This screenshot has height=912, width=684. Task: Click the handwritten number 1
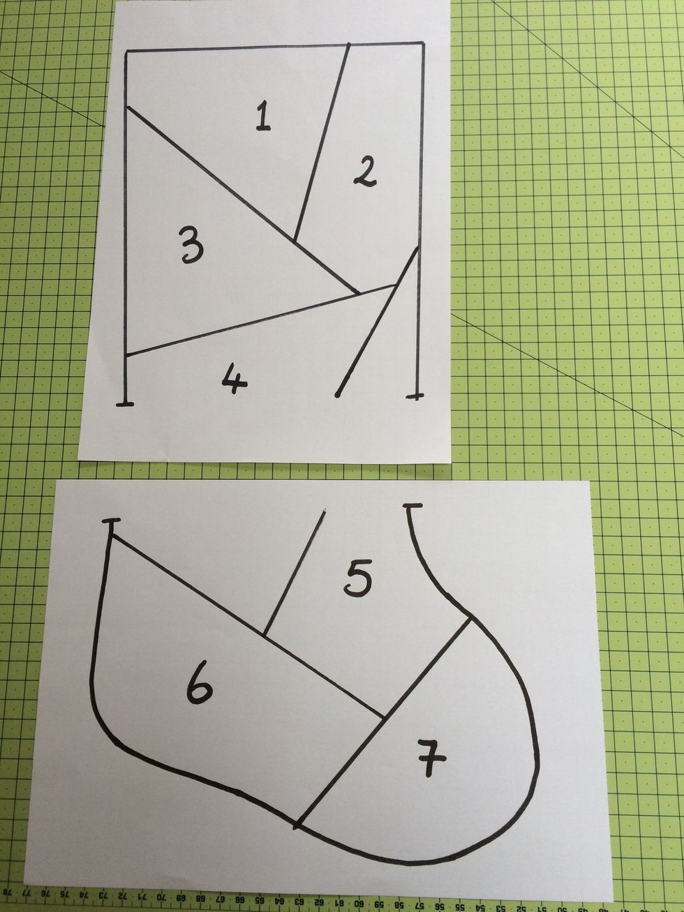tap(262, 116)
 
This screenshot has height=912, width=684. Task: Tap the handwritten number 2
tap(364, 172)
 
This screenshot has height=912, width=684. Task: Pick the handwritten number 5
tap(359, 579)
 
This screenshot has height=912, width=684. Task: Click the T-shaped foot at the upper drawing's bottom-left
tap(125, 403)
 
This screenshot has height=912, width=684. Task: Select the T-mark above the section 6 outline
tap(111, 522)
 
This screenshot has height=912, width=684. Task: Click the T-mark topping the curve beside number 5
tap(412, 505)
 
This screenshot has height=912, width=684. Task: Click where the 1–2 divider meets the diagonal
tap(295, 241)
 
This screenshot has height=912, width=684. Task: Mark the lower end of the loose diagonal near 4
tap(338, 395)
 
